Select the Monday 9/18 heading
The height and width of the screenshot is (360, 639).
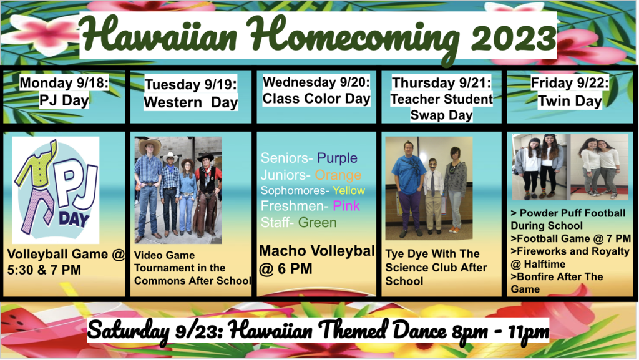coord(64,83)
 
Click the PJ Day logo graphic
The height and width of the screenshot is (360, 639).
coord(56,190)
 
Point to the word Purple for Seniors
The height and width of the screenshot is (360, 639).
coord(337,158)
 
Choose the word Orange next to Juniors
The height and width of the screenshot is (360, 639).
coord(338,175)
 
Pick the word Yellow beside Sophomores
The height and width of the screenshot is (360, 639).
coord(348,190)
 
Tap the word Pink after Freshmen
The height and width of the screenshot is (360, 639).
coord(346,206)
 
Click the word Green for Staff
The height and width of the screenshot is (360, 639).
coord(318,222)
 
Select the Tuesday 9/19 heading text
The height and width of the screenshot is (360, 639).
coord(191,84)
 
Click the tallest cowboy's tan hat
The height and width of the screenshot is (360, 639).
coord(150,145)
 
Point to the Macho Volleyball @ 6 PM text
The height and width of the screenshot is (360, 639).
coord(317,260)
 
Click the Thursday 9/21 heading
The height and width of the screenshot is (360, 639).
coord(441,83)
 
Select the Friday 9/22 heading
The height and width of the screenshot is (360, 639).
coord(570,83)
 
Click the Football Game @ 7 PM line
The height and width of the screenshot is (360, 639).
coord(570,238)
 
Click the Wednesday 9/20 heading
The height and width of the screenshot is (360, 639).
coord(316,82)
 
